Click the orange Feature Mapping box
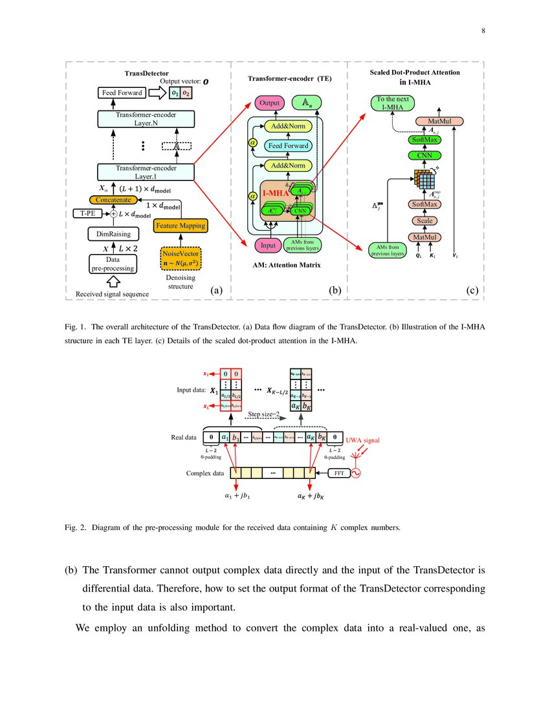[x=180, y=226]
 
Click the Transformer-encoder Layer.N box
[x=145, y=119]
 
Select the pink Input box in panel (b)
[x=267, y=245]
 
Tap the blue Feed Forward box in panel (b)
[x=289, y=146]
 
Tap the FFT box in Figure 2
[x=338, y=473]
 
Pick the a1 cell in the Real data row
[x=225, y=438]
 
